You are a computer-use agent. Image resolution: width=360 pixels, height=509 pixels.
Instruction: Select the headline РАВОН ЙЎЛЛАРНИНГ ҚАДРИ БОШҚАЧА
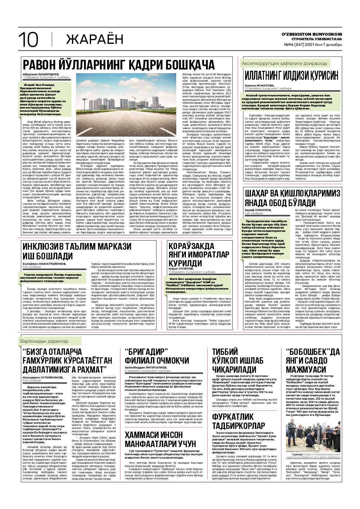[x=118, y=65]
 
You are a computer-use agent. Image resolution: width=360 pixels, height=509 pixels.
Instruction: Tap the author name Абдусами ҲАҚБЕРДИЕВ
[x=41, y=74]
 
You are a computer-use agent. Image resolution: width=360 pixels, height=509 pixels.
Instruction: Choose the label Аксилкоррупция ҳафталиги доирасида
[x=284, y=64]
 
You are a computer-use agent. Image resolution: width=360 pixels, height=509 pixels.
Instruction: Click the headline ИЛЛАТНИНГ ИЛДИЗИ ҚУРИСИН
[x=291, y=76]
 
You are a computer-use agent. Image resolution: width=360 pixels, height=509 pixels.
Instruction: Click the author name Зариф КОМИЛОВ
[x=258, y=210]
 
